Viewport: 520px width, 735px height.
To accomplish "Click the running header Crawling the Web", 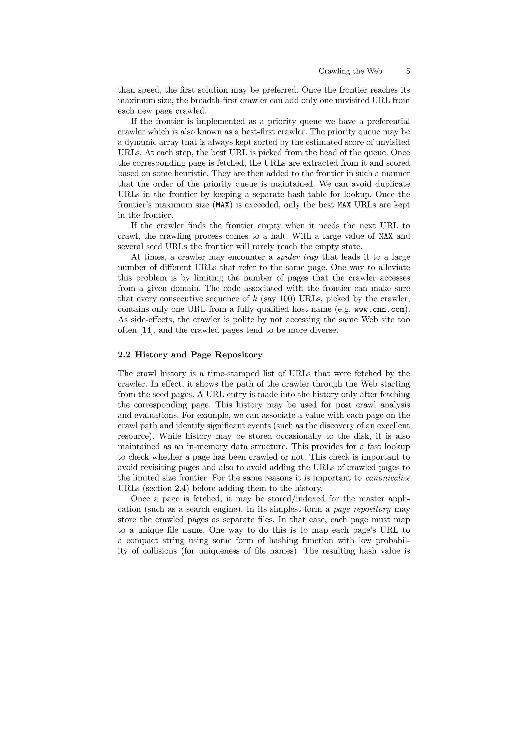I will coord(350,71).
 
